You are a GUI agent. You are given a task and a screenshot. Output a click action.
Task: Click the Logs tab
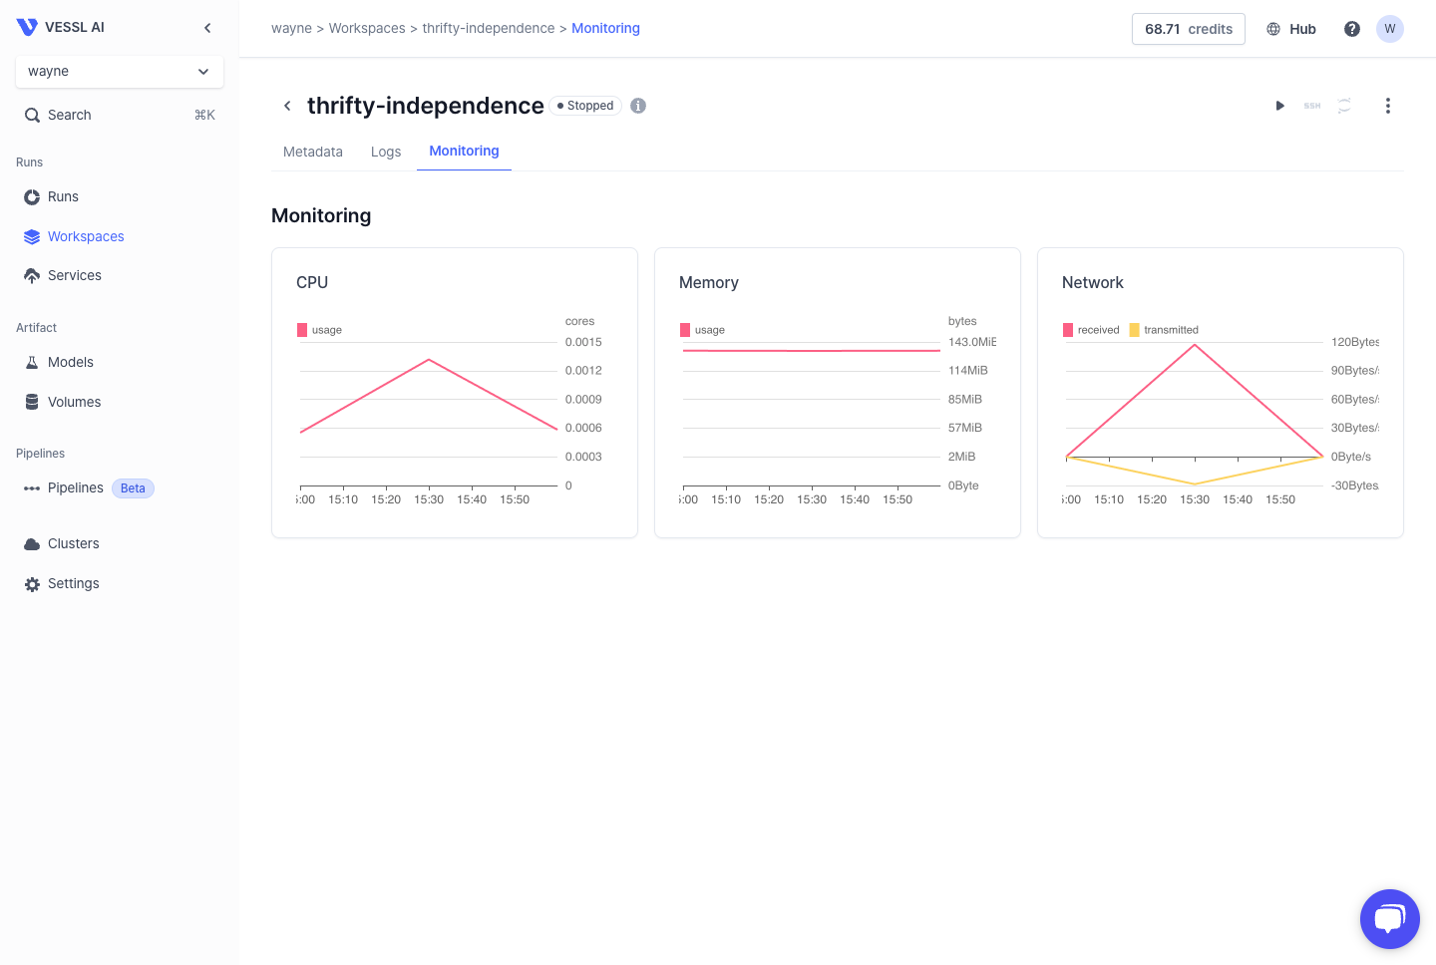click(386, 152)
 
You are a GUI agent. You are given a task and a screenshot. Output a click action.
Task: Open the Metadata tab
click(313, 152)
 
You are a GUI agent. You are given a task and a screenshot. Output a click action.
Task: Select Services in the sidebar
click(75, 275)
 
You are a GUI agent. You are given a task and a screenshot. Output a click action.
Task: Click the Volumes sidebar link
click(75, 402)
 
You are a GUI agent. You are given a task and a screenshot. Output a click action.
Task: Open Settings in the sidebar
click(74, 583)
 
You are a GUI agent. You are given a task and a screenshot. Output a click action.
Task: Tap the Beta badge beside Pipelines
click(133, 488)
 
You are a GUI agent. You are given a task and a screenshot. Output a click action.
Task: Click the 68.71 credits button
click(1189, 29)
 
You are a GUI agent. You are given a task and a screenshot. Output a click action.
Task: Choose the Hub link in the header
click(1292, 29)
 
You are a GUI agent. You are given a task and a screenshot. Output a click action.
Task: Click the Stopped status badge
click(586, 106)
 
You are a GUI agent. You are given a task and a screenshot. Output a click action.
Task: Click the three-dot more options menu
click(1387, 106)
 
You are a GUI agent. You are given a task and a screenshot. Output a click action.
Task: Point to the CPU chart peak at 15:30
click(429, 359)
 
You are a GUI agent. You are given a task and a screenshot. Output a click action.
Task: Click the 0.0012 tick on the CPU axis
click(583, 371)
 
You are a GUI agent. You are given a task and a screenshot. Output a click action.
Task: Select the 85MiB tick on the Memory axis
click(965, 400)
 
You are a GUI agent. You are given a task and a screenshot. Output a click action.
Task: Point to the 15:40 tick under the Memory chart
click(855, 499)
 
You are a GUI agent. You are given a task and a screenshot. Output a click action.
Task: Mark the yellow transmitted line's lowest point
click(1195, 484)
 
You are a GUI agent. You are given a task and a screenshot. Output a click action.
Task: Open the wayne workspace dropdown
click(120, 72)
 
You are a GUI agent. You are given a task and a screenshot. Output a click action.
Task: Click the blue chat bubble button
click(1389, 918)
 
